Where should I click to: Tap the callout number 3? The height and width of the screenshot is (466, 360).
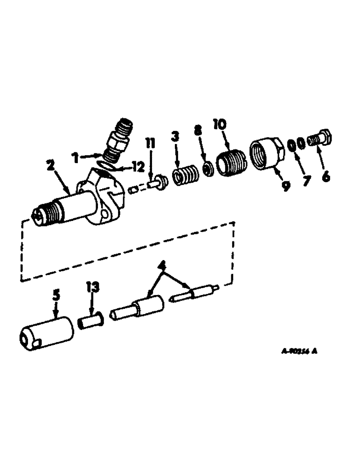tap(175, 137)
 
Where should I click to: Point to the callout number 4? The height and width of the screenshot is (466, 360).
tap(162, 267)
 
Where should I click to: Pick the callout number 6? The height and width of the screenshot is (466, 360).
tap(325, 177)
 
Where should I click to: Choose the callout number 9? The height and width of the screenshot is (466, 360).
tap(285, 186)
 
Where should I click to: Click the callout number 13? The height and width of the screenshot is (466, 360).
tap(92, 287)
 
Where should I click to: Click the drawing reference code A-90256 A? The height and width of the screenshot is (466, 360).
tap(299, 352)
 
